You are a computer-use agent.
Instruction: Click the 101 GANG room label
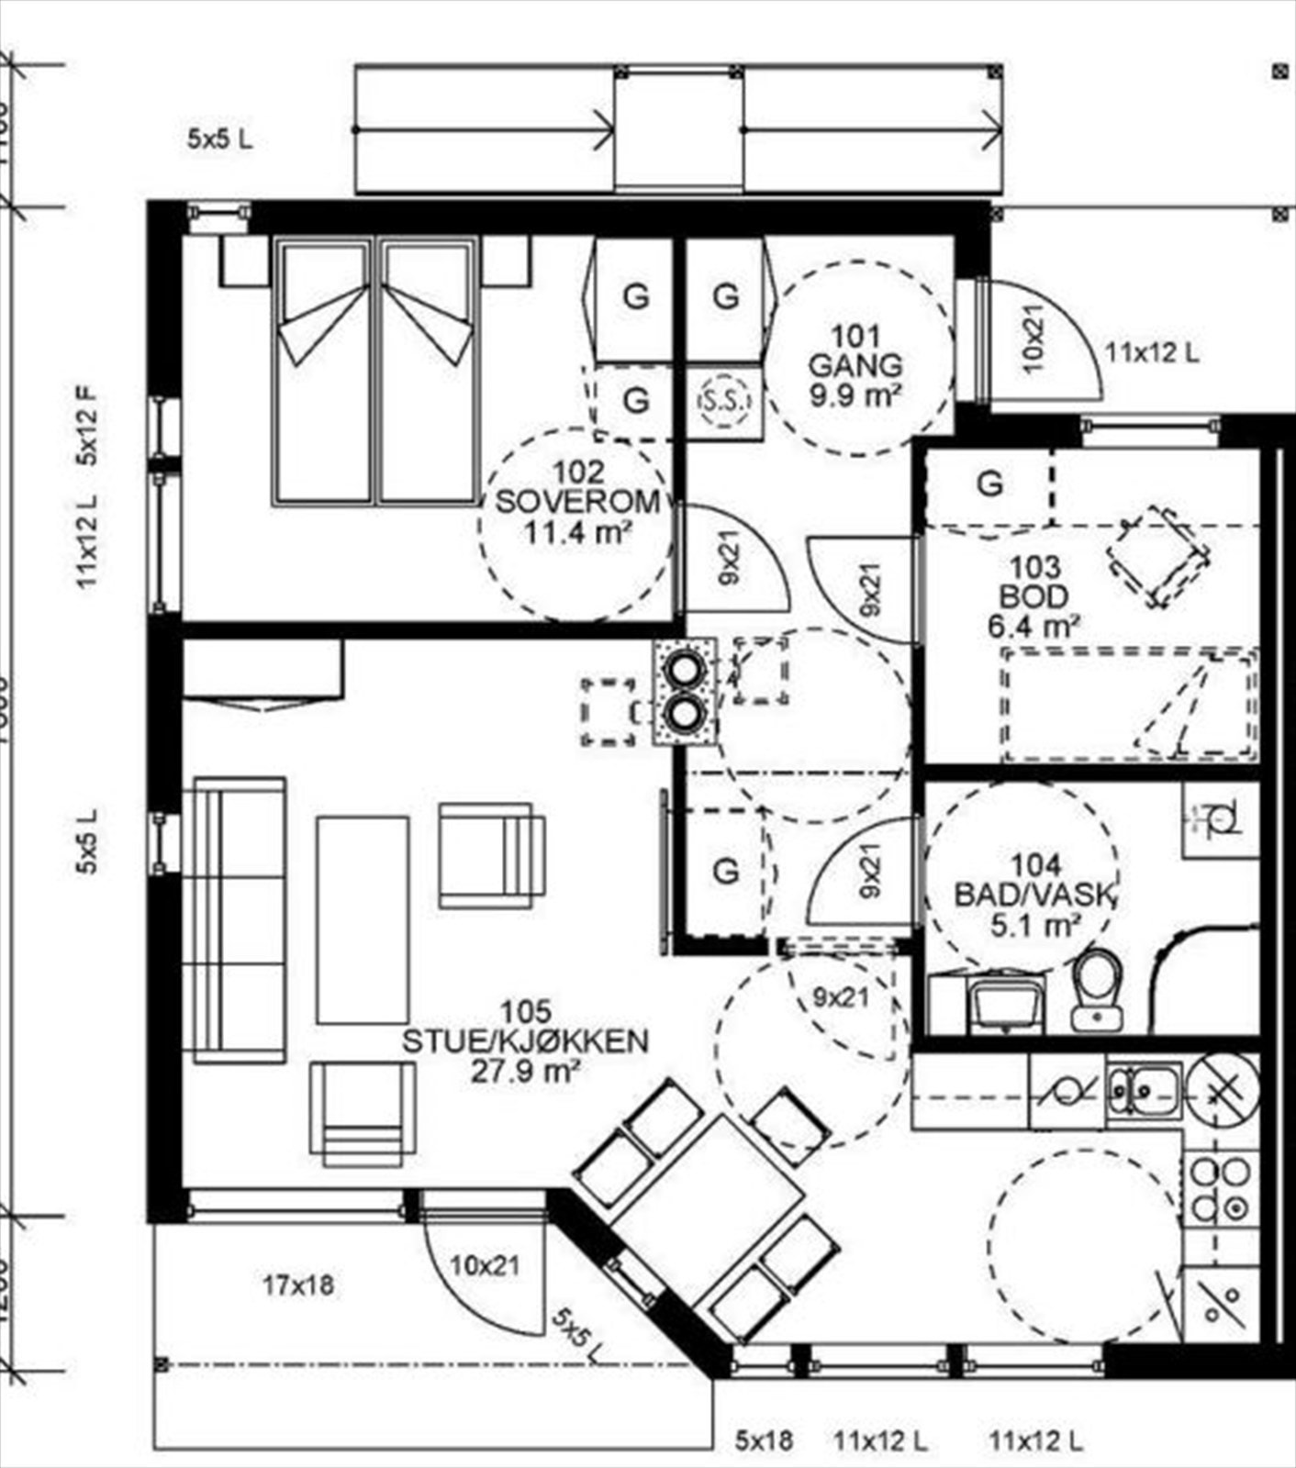855,365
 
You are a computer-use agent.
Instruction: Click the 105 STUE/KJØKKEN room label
525,1041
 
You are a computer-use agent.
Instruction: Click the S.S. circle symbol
725,401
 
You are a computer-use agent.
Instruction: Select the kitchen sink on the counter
1144,1089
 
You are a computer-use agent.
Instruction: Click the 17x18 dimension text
298,1285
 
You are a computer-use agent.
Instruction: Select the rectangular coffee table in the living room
363,919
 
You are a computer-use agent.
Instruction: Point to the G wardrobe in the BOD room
989,484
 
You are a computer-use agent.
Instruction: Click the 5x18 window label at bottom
764,1440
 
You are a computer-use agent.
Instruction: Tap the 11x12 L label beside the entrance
1152,352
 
